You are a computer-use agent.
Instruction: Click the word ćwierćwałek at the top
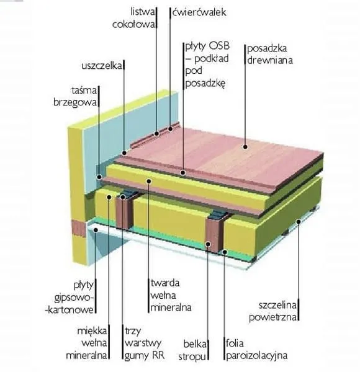199,12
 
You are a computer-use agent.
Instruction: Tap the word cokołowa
133,24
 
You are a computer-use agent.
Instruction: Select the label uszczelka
102,66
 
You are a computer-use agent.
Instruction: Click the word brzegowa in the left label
75,102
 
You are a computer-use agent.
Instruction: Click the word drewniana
270,60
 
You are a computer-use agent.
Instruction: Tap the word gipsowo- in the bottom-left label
74,298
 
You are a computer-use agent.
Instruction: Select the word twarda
165,283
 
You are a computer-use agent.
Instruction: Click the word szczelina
277,305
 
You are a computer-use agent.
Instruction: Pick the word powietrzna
273,317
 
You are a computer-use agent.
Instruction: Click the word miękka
92,330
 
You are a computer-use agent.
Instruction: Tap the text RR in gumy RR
158,355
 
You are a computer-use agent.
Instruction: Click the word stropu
192,357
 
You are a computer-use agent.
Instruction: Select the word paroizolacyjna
257,356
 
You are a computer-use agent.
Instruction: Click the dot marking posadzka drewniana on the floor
245,146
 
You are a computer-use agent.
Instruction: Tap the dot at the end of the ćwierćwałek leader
170,129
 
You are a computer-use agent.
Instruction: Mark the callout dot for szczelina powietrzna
299,221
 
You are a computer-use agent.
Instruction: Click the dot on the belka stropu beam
208,244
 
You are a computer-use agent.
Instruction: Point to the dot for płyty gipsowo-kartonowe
96,229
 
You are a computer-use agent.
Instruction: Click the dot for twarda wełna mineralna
149,181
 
